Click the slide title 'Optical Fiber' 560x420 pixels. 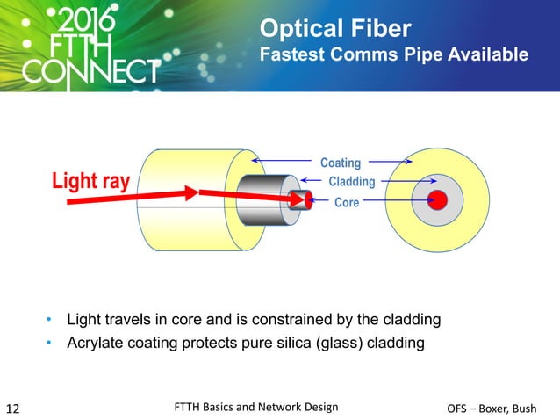click(x=334, y=29)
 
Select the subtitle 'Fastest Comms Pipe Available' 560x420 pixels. click(x=394, y=55)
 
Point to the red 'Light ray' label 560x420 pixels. click(x=91, y=182)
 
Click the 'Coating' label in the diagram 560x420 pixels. click(x=340, y=163)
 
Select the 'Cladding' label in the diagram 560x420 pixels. click(x=350, y=182)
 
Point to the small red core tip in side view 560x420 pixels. click(x=309, y=200)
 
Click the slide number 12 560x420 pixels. click(x=14, y=408)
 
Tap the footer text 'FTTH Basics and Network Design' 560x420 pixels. click(x=256, y=406)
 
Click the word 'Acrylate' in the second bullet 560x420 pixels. click(x=95, y=342)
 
